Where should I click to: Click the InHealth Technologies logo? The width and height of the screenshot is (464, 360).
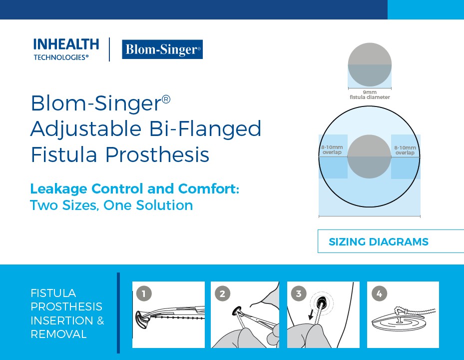[x=66, y=49]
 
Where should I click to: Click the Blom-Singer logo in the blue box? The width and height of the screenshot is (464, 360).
[x=162, y=49]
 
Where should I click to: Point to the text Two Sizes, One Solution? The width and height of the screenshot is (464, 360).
[x=111, y=205]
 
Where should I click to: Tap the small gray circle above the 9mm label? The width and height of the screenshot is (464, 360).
[x=370, y=65]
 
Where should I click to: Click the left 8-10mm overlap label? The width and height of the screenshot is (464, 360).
[x=332, y=150]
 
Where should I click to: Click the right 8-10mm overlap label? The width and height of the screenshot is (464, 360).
[x=405, y=150]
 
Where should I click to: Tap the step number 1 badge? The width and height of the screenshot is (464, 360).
[x=144, y=293]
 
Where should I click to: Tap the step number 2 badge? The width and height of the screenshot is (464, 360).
[x=222, y=293]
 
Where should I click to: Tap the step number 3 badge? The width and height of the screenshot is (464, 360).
[x=299, y=293]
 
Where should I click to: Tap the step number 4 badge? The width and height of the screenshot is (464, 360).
[x=379, y=293]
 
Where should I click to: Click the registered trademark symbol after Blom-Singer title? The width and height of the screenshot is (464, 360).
[x=166, y=99]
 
